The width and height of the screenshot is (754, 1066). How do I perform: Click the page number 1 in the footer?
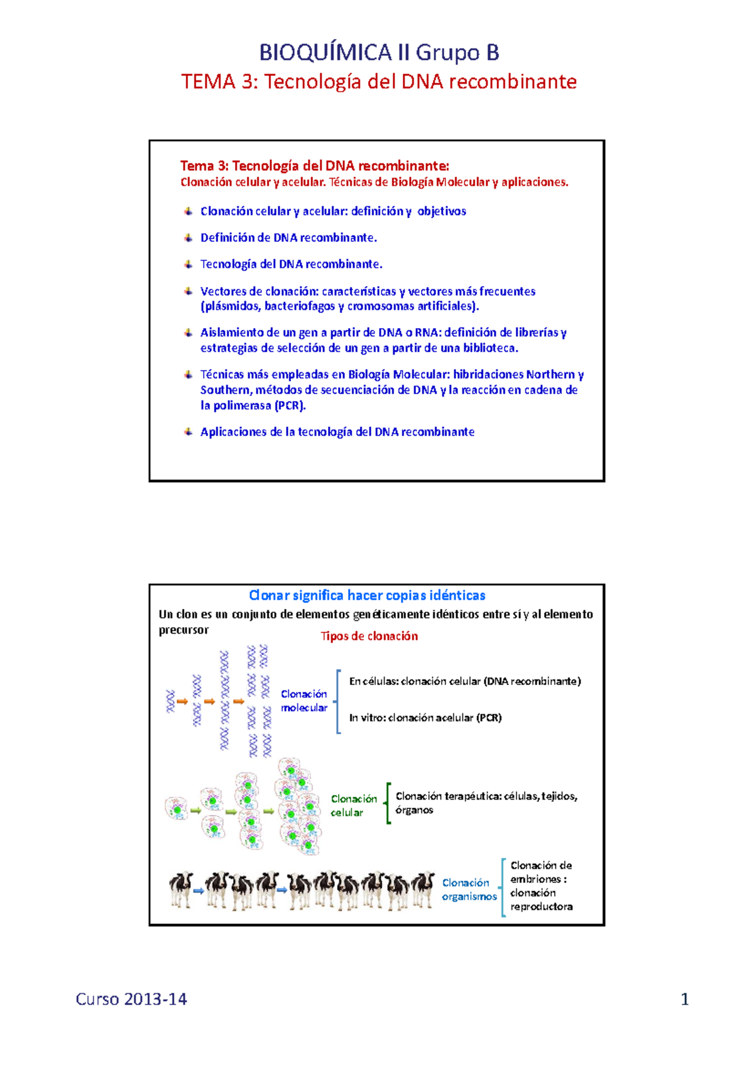[x=685, y=999]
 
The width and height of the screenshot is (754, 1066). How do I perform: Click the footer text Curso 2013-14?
[x=131, y=999]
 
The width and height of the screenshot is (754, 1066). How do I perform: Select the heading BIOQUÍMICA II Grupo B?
[x=379, y=52]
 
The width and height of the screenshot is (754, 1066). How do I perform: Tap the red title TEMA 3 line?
[x=379, y=82]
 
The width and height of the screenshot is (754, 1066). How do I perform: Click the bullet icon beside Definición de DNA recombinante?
[x=188, y=238]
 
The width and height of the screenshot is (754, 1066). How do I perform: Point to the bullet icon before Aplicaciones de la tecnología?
[x=188, y=432]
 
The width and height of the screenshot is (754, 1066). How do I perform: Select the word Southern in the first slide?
[x=226, y=390]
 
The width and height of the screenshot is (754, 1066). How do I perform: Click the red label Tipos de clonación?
[x=369, y=636]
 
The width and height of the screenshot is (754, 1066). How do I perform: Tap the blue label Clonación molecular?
[x=304, y=701]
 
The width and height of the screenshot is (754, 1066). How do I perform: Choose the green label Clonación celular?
[x=354, y=805]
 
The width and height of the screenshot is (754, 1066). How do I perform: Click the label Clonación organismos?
[x=469, y=889]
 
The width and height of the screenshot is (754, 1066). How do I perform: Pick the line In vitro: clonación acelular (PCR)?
[x=425, y=718]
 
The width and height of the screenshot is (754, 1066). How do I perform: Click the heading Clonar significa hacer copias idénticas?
[x=367, y=595]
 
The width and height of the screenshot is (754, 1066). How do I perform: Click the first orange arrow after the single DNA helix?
[x=182, y=701]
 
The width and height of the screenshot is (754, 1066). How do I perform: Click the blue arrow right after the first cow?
[x=199, y=890]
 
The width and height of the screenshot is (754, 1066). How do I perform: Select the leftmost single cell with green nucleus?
[x=177, y=808]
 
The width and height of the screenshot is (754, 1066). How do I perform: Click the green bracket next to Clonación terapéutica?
[x=388, y=803]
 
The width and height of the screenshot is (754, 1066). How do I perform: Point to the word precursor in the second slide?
[x=183, y=630]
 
